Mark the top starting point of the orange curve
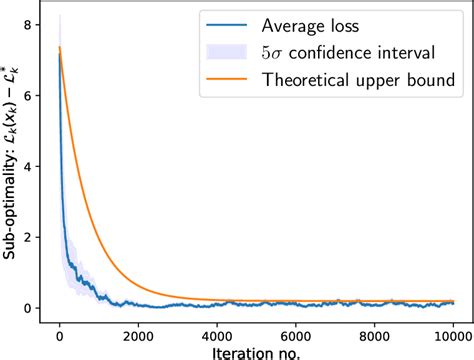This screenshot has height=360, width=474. tap(60, 47)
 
